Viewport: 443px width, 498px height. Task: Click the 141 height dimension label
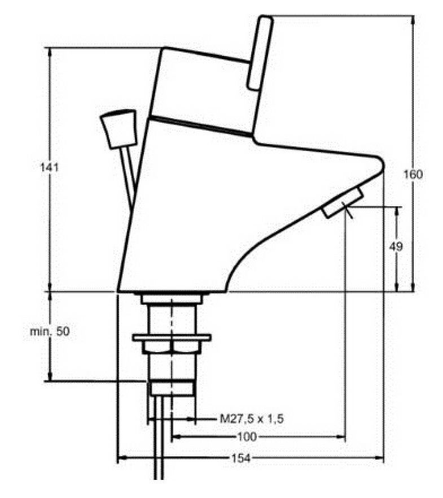tap(50, 167)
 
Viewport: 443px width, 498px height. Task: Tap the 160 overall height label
tap(413, 174)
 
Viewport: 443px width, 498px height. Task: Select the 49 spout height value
tap(396, 246)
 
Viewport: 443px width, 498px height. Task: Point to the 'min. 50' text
tap(50, 332)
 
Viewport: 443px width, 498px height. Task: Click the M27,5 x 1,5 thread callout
tap(252, 419)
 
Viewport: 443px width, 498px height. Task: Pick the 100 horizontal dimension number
tap(247, 437)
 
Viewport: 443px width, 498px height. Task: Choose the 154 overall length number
tap(241, 458)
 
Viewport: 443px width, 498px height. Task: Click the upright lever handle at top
tap(260, 53)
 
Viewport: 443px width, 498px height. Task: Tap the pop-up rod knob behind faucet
tap(119, 129)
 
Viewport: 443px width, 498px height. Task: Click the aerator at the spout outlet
tap(343, 202)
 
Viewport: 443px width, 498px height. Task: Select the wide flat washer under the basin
tap(172, 337)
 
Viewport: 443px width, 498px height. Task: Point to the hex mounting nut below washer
tap(172, 347)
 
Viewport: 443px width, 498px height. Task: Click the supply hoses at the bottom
tap(159, 438)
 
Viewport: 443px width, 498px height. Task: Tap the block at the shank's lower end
tap(172, 389)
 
